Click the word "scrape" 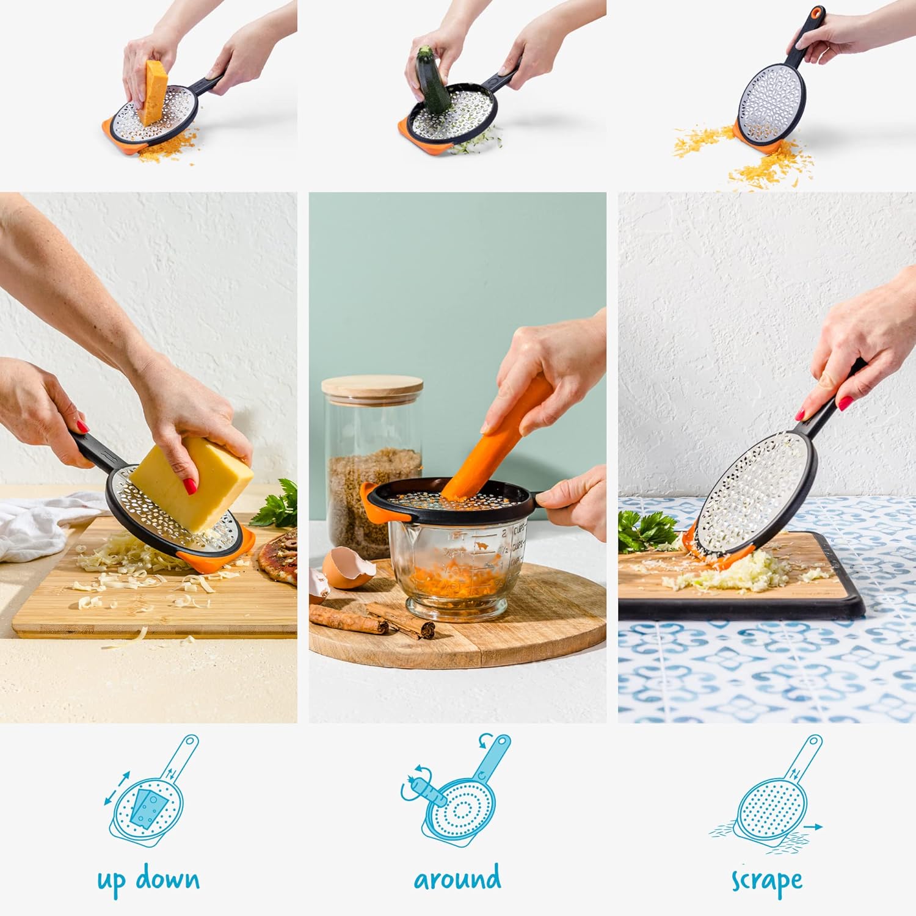coord(767,881)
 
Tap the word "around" coord(457,879)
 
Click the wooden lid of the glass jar coord(372,387)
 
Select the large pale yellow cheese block coord(192,483)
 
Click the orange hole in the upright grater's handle coord(816,13)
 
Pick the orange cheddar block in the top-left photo coord(152,92)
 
